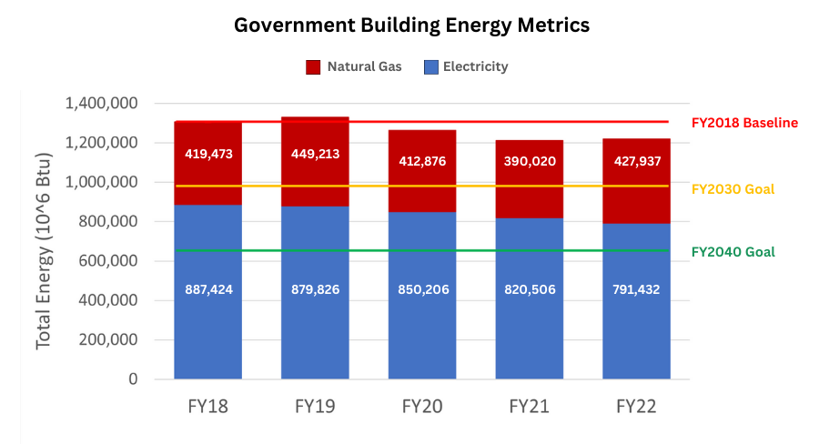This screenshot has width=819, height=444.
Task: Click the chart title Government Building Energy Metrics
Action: pyautogui.click(x=411, y=25)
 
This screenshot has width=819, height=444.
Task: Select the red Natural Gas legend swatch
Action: pyautogui.click(x=313, y=66)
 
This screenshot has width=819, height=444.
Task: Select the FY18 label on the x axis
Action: pyautogui.click(x=207, y=406)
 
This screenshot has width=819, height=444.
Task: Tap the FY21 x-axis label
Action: pyautogui.click(x=530, y=406)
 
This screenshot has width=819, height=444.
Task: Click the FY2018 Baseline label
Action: pyautogui.click(x=744, y=123)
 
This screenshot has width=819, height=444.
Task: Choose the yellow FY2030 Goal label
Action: pyautogui.click(x=733, y=189)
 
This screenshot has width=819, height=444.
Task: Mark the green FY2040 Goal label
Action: pyautogui.click(x=733, y=252)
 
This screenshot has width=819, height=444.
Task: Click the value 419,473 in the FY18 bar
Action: pyautogui.click(x=207, y=154)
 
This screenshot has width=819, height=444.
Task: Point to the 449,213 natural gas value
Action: pyautogui.click(x=315, y=154)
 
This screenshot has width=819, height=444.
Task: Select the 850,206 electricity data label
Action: pyautogui.click(x=422, y=289)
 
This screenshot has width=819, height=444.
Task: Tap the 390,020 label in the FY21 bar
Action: pyautogui.click(x=530, y=161)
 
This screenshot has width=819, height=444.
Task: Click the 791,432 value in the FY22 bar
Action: pyautogui.click(x=637, y=289)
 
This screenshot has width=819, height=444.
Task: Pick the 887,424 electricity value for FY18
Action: pyautogui.click(x=207, y=289)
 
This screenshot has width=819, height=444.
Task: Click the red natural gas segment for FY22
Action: pyautogui.click(x=637, y=196)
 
